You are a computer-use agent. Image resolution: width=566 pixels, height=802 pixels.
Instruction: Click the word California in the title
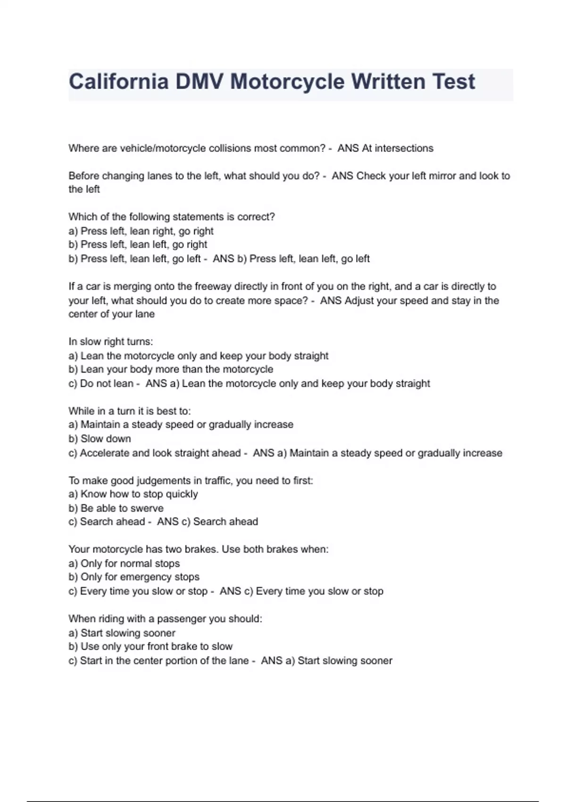(x=118, y=82)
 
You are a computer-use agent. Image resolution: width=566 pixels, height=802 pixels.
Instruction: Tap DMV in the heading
(x=200, y=82)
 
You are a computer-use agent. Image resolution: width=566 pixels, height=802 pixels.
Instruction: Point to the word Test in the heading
(x=454, y=82)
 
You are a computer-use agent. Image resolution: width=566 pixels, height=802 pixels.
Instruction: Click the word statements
(x=193, y=217)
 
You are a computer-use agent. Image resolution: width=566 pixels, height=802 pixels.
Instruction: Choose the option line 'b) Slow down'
(x=100, y=439)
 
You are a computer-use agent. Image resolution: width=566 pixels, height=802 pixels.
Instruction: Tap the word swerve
(x=147, y=508)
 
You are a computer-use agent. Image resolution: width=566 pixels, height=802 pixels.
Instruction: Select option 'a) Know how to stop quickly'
(x=133, y=494)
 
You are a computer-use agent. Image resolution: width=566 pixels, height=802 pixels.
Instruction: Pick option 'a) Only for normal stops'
(x=124, y=563)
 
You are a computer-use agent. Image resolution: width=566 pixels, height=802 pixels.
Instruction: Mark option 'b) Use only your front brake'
(x=150, y=646)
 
